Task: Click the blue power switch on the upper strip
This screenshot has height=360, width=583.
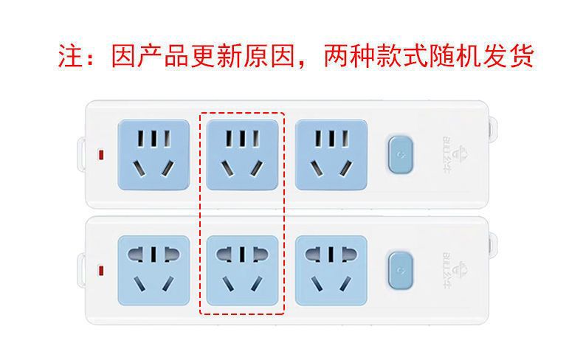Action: [x=399, y=155]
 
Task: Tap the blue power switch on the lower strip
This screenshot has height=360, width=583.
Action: [x=399, y=271]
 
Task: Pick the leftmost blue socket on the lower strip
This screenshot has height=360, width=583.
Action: [x=153, y=271]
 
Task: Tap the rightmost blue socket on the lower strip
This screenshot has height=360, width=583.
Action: [x=331, y=271]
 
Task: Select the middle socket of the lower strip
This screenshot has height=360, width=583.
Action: [x=243, y=271]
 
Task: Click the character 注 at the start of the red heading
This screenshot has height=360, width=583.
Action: [x=72, y=56]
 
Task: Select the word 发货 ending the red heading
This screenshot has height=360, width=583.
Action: [x=512, y=56]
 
